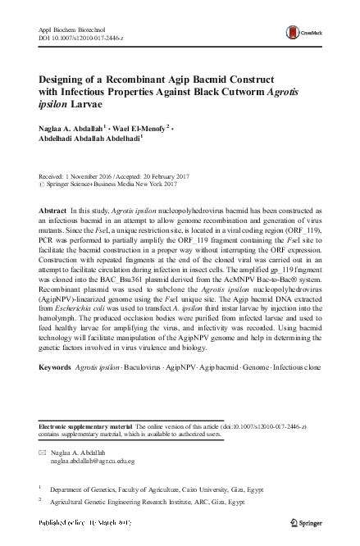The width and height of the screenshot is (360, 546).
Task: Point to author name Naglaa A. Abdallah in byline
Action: [71, 129]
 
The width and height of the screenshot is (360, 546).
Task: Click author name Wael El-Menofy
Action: [138, 129]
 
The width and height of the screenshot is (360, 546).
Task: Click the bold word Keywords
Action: [56, 380]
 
